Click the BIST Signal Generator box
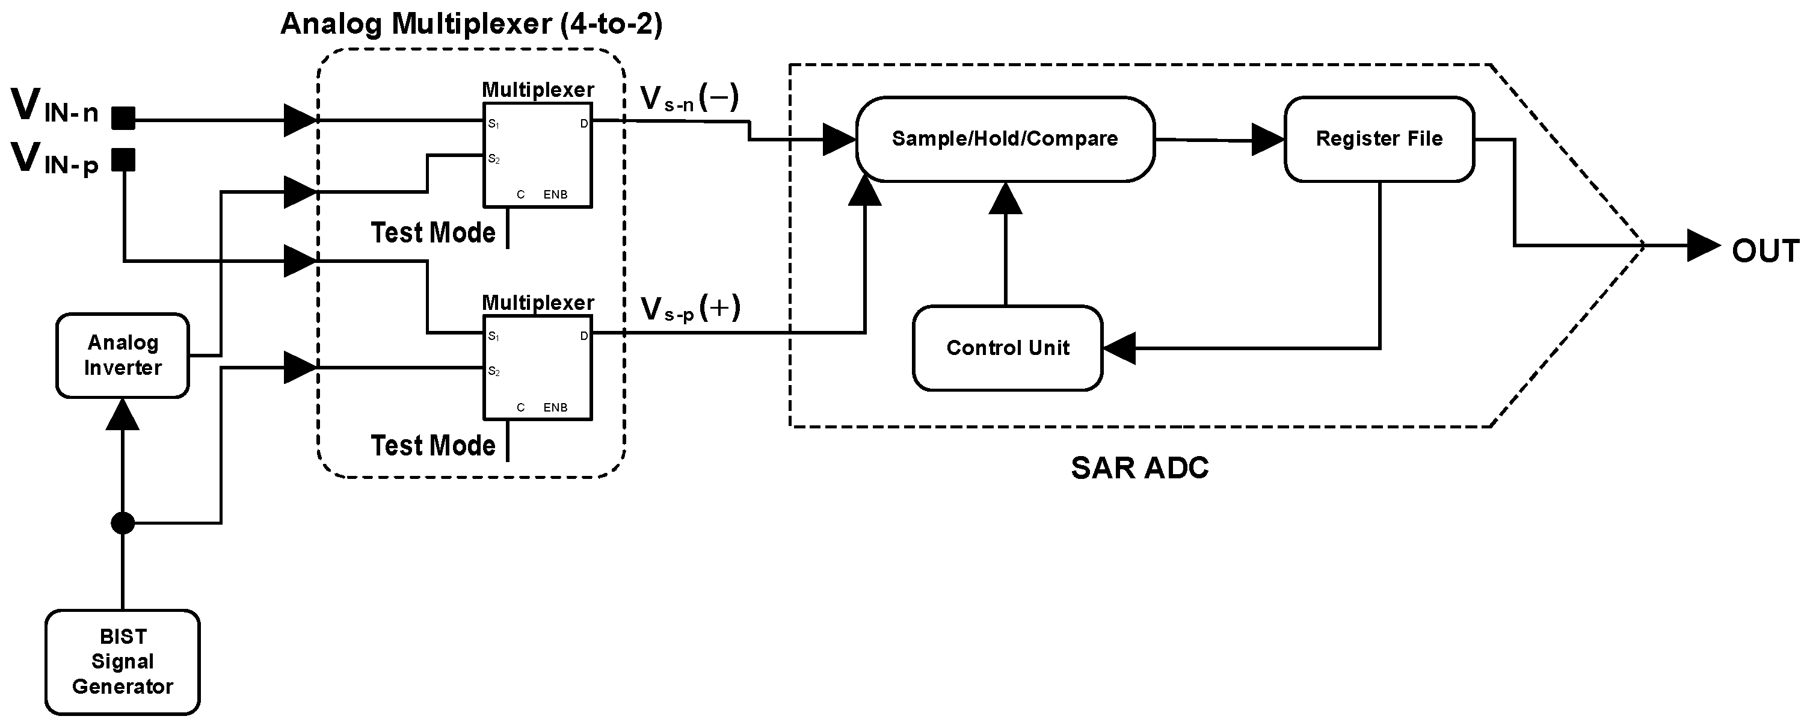(123, 662)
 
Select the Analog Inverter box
(123, 355)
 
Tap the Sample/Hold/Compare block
(1005, 139)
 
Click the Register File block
(1379, 139)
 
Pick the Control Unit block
(1008, 347)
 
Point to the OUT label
(1765, 250)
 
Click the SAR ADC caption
(1140, 467)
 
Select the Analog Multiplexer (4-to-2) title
(472, 24)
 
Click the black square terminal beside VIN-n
(123, 118)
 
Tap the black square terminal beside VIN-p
(123, 159)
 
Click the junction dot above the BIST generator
(123, 523)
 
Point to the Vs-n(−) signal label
(690, 97)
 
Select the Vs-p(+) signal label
(691, 308)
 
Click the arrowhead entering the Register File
(1268, 140)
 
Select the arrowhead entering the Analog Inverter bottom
(123, 413)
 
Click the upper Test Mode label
(433, 232)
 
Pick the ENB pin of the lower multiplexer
(556, 407)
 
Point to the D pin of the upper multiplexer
(583, 124)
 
